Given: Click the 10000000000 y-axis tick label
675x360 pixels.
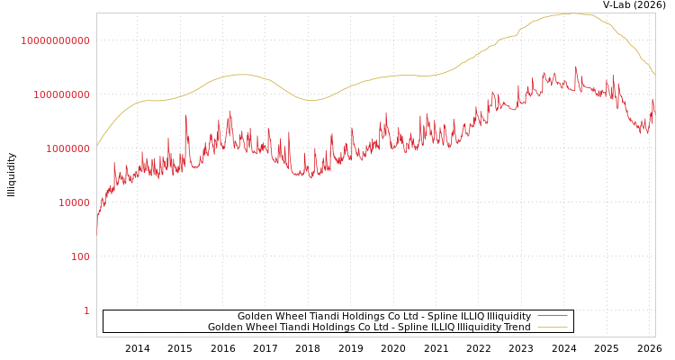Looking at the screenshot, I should click(x=56, y=40).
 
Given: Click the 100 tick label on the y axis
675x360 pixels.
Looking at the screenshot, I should click(x=80, y=256).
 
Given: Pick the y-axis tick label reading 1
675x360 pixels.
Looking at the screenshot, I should click(x=86, y=310).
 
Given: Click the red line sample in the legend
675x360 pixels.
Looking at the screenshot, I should click(x=552, y=316).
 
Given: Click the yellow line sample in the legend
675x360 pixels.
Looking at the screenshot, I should click(x=552, y=327).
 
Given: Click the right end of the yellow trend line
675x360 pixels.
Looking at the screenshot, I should click(x=654, y=74).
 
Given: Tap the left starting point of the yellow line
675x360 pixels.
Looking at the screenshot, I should click(x=97, y=146).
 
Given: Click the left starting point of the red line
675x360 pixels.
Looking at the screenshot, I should click(x=97, y=229).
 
